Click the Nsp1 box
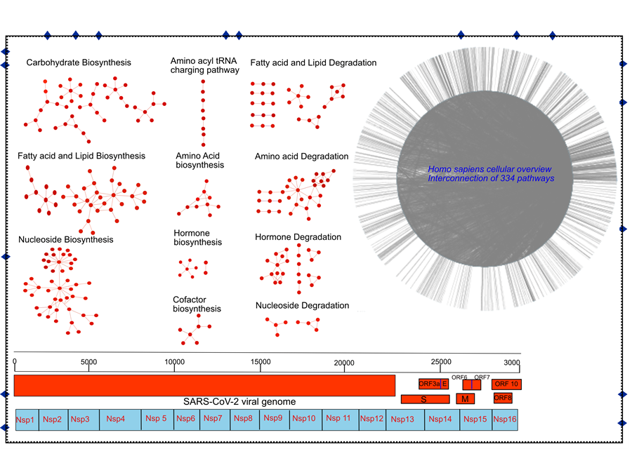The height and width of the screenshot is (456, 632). point(26,419)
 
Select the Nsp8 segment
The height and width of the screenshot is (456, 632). point(243,419)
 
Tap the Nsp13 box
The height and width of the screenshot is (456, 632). point(402,419)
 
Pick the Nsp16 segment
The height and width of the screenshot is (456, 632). point(505,419)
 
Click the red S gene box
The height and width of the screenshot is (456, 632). point(425,399)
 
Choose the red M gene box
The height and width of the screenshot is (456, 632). point(465,399)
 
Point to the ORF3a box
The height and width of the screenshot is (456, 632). point(429,384)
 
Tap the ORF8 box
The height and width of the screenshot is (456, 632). point(503,398)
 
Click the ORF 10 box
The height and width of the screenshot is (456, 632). point(506,384)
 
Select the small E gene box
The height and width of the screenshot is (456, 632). point(445,384)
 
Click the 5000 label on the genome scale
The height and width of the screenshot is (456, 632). point(88,361)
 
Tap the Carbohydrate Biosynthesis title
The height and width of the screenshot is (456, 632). point(79,63)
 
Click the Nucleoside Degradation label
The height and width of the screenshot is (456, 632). point(302,305)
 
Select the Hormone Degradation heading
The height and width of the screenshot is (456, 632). point(298,237)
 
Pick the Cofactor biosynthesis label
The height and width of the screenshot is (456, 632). point(197,304)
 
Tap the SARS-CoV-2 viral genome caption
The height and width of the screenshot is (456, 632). point(239,401)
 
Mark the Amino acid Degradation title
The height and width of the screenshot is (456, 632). point(301,156)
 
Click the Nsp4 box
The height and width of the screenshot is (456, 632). point(116,419)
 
